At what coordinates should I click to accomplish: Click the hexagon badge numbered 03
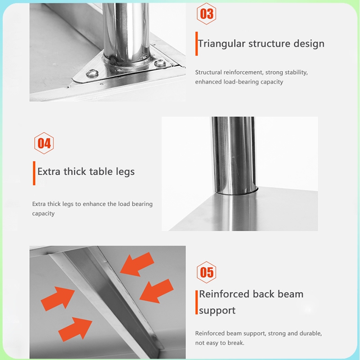(207, 14)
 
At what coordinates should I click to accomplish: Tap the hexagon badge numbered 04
(44, 143)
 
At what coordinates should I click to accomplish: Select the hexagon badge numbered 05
(207, 272)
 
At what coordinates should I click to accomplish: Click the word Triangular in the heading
(221, 44)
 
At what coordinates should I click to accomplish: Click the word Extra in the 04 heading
(49, 171)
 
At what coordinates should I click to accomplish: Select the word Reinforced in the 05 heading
(224, 294)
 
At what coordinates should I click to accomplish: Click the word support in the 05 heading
(217, 311)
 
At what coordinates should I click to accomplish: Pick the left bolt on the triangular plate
(92, 73)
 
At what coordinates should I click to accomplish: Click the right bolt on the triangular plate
(160, 63)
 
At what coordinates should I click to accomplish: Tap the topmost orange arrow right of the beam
(137, 264)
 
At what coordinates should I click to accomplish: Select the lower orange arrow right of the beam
(157, 291)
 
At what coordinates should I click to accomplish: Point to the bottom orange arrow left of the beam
(75, 329)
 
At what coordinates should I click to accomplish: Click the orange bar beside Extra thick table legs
(34, 173)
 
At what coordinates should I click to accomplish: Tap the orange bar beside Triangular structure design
(197, 44)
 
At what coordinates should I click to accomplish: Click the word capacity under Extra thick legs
(43, 214)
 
